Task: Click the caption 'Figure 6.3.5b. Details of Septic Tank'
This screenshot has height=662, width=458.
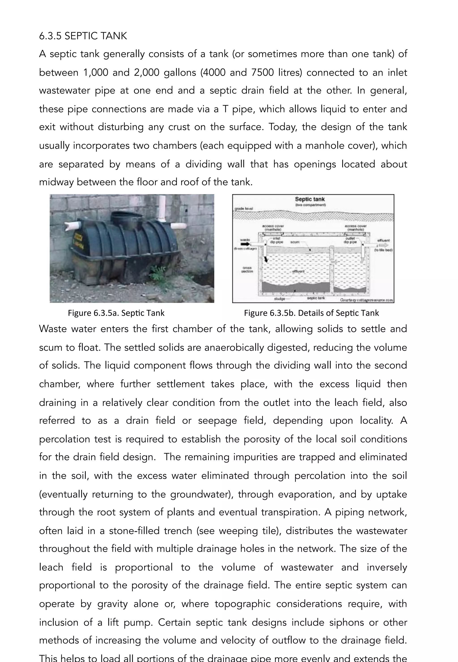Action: tap(311, 313)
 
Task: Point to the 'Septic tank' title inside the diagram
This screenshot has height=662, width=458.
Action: tap(310, 199)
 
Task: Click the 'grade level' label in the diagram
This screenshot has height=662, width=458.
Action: tap(244, 209)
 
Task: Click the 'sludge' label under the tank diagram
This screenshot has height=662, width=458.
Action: tap(279, 299)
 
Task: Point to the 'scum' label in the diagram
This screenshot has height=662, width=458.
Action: tap(295, 242)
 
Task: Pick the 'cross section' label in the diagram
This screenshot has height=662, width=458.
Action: tap(247, 270)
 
